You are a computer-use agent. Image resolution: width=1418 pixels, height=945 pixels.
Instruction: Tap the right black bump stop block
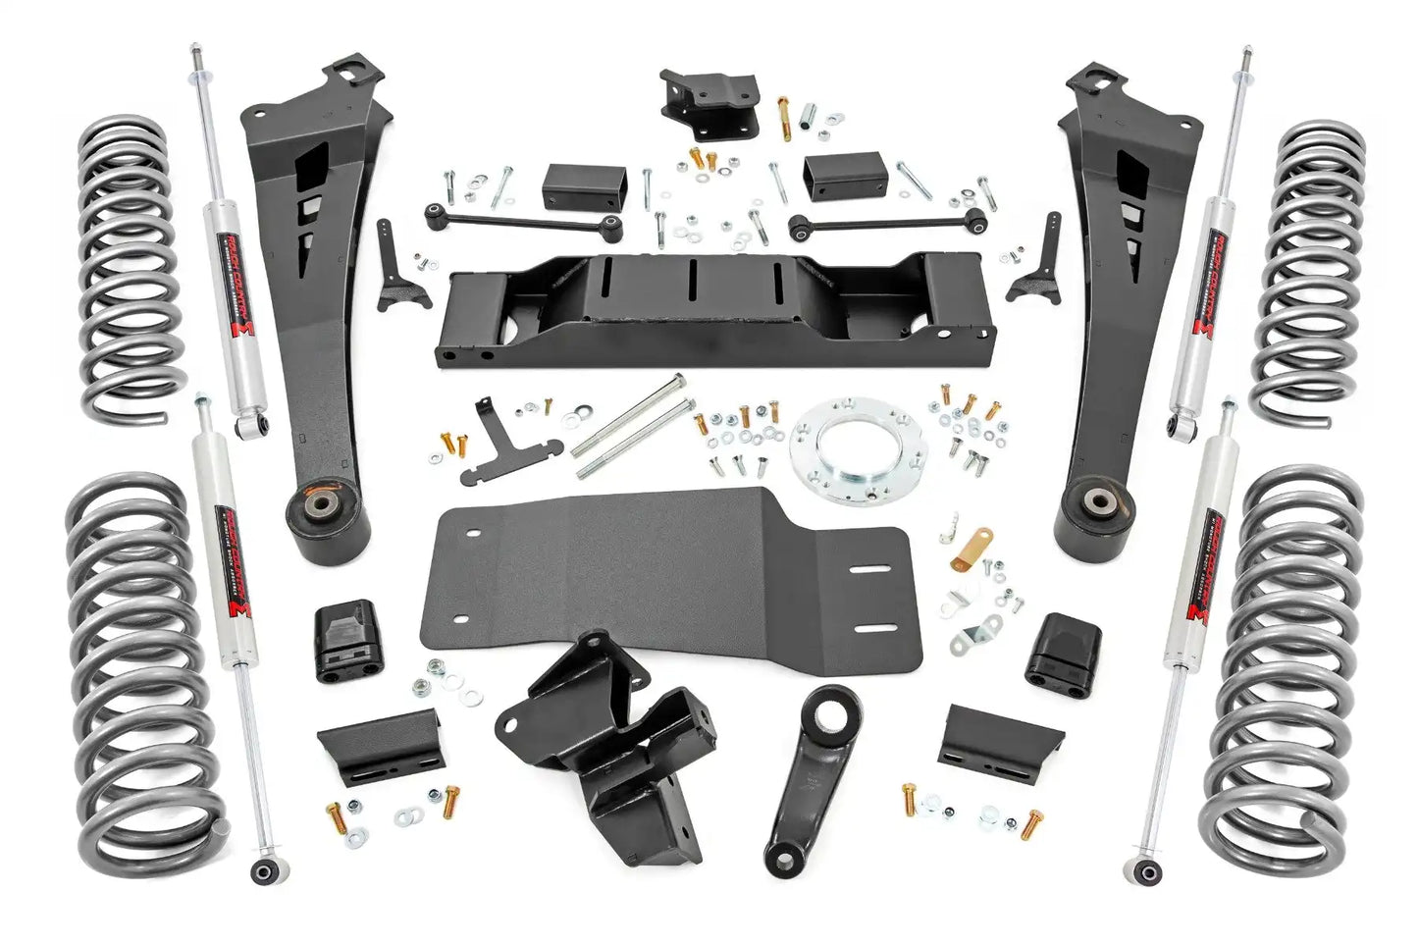pyautogui.click(x=1062, y=649)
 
